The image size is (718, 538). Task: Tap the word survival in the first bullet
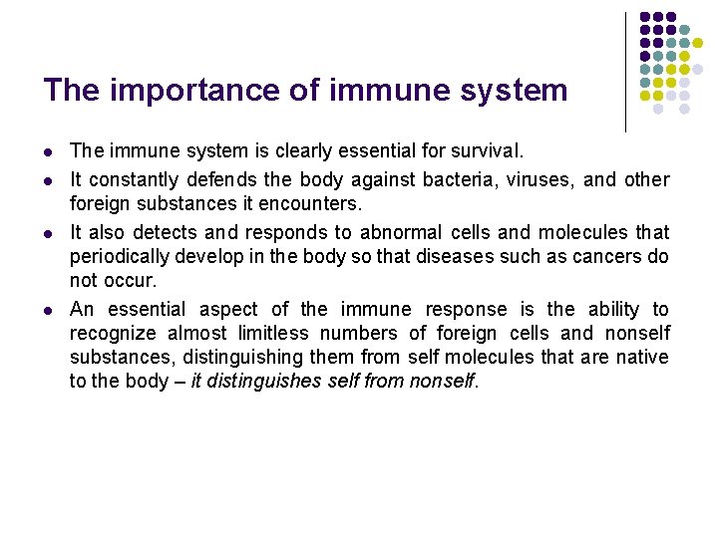point(486,152)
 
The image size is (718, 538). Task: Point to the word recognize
point(110,333)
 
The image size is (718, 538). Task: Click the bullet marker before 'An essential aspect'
point(47,310)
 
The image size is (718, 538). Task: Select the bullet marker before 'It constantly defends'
point(47,180)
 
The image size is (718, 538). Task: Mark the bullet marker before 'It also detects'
point(47,232)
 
